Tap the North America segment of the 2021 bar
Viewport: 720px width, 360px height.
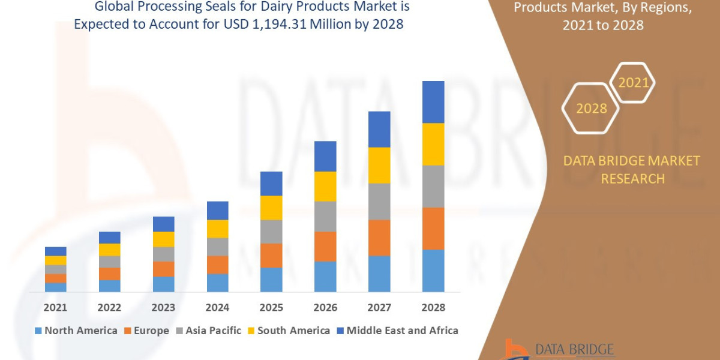56,287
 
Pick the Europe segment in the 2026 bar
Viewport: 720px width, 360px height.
325,246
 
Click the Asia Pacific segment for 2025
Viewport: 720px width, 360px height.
271,232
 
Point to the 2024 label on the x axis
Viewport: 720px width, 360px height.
217,308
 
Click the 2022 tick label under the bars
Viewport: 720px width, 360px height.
109,308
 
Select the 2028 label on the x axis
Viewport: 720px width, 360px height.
433,308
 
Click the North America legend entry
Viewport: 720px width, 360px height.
76,331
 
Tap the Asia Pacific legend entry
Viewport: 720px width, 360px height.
208,331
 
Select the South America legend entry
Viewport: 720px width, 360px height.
288,331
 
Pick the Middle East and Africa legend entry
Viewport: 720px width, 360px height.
397,331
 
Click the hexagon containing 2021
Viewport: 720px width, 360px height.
632,83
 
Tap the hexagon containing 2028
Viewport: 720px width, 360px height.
590,109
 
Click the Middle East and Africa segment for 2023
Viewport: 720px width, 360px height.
163,224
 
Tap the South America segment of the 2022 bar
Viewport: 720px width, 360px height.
109,250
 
